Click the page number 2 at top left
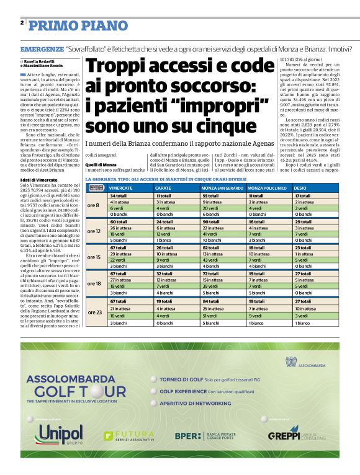click(22, 23)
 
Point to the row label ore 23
click(94, 312)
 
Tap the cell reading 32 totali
click(166, 273)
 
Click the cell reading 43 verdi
click(211, 260)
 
